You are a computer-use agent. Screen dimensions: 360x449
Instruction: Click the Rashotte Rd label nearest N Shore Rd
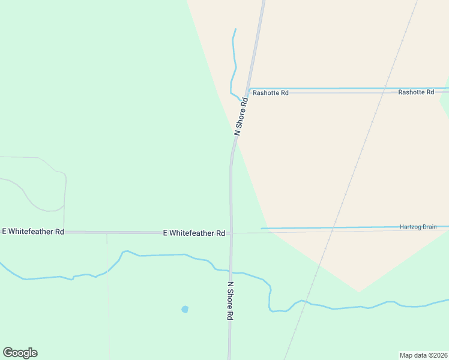270,93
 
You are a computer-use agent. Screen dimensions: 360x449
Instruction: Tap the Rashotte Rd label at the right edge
416,92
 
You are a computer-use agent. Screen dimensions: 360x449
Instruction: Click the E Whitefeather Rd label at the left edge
33,232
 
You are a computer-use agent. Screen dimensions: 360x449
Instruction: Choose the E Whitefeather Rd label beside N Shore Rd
194,233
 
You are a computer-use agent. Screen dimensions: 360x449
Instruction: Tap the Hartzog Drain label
418,227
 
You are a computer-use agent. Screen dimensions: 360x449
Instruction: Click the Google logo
20,353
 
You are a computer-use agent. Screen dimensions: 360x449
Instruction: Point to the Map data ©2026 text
423,355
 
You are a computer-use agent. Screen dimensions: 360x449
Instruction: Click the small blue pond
185,310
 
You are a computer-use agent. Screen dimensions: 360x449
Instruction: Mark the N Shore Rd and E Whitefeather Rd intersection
231,233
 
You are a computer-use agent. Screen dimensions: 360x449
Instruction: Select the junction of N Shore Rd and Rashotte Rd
249,92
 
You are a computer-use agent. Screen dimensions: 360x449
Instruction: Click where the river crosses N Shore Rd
231,272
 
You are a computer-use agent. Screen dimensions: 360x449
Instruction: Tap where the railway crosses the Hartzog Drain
337,228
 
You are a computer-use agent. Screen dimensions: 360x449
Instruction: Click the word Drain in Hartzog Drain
429,227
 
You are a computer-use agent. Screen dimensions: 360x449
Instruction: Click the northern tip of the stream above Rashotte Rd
235,29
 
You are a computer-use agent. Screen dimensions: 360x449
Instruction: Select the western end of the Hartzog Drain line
262,229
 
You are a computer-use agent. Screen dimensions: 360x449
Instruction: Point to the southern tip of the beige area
359,292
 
